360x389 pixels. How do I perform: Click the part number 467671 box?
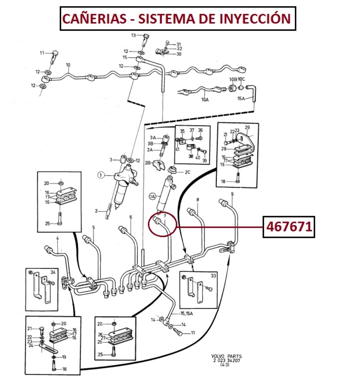(289, 227)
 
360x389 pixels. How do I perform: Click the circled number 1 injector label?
(101, 175)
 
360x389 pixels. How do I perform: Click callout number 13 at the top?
(134, 35)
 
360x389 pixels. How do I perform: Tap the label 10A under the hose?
(205, 100)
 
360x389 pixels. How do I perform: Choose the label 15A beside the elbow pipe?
(242, 98)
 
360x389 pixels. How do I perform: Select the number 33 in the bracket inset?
(214, 276)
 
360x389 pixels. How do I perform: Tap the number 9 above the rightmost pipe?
(232, 194)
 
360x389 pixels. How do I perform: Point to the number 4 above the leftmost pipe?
(57, 238)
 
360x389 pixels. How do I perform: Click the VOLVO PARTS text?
(226, 356)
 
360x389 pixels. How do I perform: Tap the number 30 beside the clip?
(179, 54)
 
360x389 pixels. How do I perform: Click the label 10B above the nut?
(232, 79)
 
